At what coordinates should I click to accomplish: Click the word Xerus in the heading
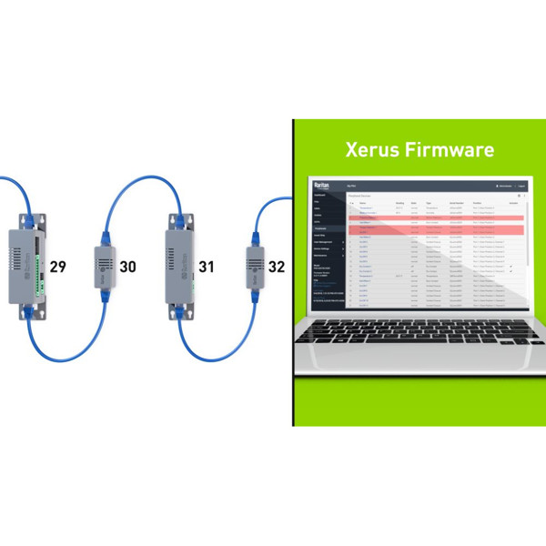pos(368,148)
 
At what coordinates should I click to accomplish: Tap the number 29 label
pos(57,267)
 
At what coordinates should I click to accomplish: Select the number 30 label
pos(127,267)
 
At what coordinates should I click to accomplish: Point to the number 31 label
pos(207,267)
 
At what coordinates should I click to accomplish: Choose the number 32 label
pos(276,267)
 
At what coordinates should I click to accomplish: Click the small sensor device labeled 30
pos(103,264)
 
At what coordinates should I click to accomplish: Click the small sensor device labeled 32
pos(253,264)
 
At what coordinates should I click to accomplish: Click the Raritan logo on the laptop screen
pos(320,185)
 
